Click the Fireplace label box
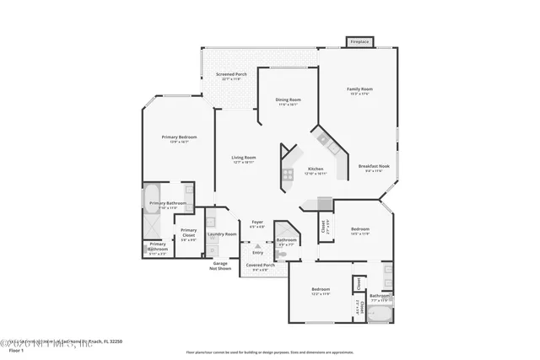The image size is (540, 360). tap(360, 40)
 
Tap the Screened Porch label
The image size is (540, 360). tap(230, 76)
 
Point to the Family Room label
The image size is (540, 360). tap(360, 90)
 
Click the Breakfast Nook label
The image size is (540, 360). tap(371, 168)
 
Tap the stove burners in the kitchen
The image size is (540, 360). tap(288, 175)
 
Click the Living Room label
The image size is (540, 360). tap(244, 159)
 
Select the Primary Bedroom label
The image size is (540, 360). tap(179, 138)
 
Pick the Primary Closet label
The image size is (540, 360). tap(188, 232)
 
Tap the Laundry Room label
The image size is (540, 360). tap(222, 235)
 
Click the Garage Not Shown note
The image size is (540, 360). tap(220, 266)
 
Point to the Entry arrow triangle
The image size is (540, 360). tap(246, 246)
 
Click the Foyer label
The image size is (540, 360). tap(257, 223)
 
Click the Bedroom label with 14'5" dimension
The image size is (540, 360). tap(360, 230)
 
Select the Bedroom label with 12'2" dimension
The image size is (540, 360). tap(320, 291)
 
